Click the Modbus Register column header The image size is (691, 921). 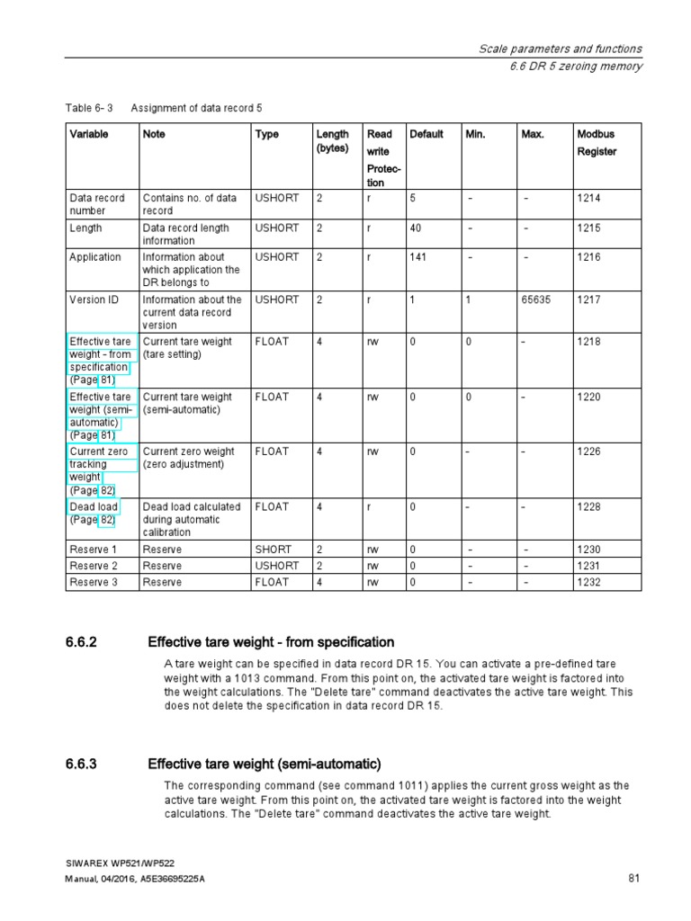tap(597, 143)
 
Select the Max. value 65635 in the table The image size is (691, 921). tap(536, 300)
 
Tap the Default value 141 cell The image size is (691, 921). tap(420, 257)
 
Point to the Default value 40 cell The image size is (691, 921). tap(416, 228)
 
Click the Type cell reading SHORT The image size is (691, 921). tap(272, 550)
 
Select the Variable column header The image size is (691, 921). tap(89, 134)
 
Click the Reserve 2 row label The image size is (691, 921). tap(94, 566)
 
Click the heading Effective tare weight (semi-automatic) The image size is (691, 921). tap(264, 765)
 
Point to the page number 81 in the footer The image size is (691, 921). tap(633, 878)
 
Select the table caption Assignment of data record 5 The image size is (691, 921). tap(196, 108)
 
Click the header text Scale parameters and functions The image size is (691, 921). tap(560, 49)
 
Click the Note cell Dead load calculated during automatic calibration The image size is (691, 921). tap(192, 519)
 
